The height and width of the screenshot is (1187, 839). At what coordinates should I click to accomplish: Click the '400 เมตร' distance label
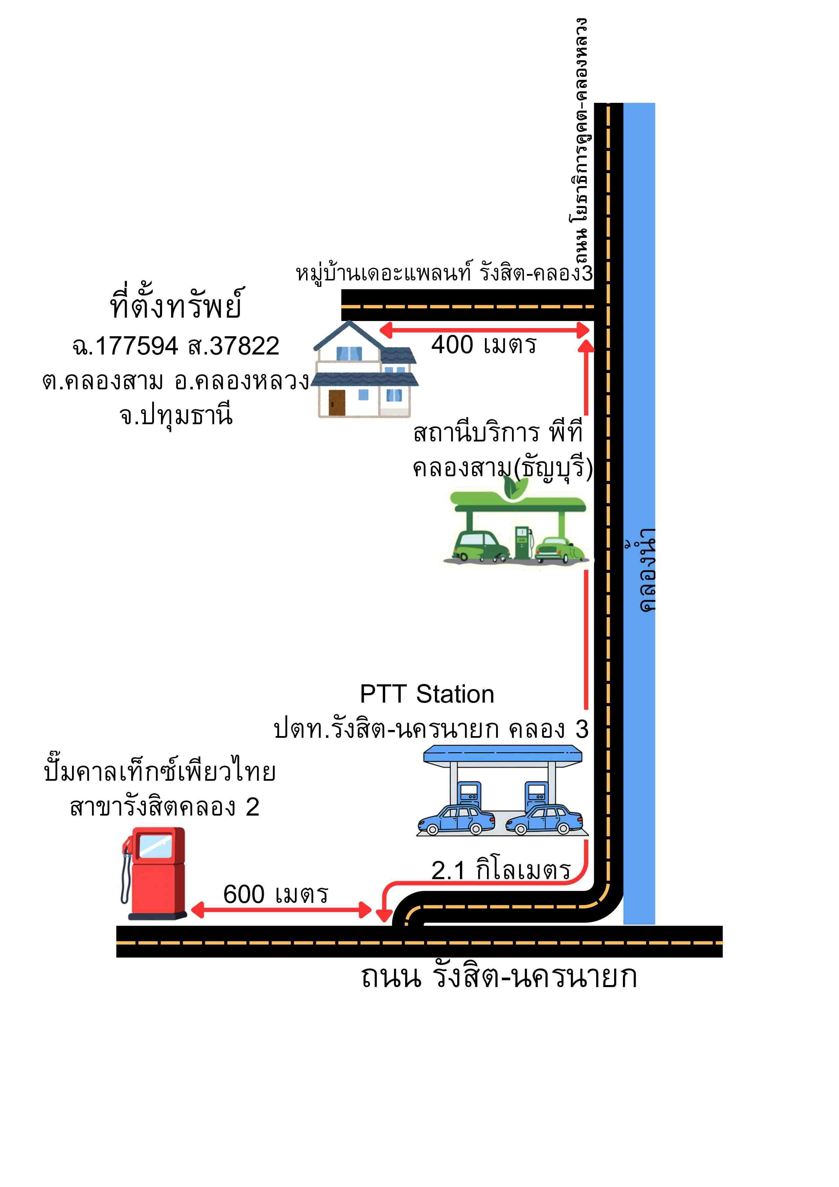484,345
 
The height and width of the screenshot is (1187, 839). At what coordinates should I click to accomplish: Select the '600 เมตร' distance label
276,894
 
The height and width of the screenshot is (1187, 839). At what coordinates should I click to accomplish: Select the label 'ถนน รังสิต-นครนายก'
498,977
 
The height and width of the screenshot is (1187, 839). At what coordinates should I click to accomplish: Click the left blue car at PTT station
456,819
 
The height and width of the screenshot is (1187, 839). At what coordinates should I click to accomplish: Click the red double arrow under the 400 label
484,330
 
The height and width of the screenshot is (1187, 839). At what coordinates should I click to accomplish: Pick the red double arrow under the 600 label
281,910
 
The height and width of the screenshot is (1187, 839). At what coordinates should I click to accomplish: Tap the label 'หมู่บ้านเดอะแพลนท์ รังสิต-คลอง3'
444,273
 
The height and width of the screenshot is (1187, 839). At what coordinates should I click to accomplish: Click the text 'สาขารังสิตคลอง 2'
164,807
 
